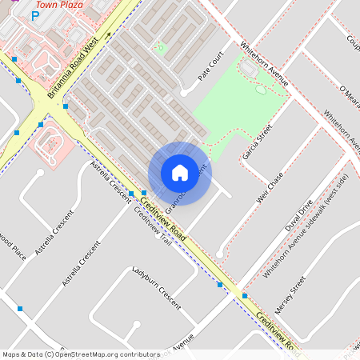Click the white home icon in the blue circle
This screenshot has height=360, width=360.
179,173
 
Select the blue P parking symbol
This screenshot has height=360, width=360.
34,14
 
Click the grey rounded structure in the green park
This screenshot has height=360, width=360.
248,70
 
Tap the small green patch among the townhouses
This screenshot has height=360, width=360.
160,48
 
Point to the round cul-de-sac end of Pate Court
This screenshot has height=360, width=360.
185,92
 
